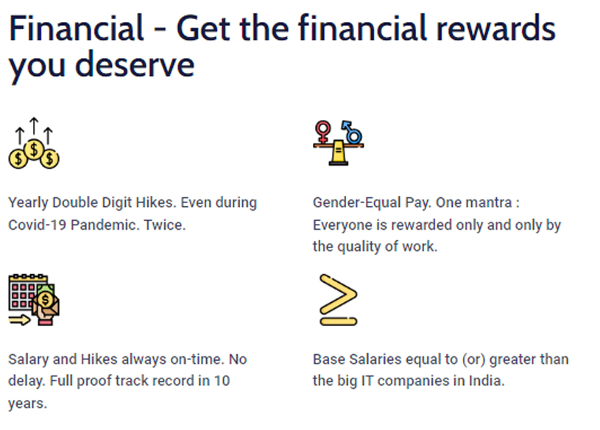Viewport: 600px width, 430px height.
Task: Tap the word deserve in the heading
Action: (x=135, y=64)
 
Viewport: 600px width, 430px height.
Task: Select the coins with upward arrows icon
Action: (x=34, y=143)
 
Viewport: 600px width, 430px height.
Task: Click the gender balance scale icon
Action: (x=338, y=143)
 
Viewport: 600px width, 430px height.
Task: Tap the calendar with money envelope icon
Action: (x=34, y=300)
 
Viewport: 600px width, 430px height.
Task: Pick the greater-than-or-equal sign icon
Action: (x=338, y=300)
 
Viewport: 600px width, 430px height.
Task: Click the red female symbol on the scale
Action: (x=323, y=132)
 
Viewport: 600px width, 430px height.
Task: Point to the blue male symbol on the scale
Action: (x=352, y=133)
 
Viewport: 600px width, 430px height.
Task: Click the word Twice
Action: (x=165, y=225)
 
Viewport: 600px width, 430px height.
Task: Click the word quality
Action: (x=359, y=247)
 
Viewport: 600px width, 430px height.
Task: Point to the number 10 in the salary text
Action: (x=222, y=381)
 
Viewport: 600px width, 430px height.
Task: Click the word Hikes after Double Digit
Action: (x=156, y=202)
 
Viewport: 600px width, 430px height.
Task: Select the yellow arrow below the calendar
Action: (x=20, y=320)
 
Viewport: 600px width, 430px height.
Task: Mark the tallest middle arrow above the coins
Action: (x=34, y=126)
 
